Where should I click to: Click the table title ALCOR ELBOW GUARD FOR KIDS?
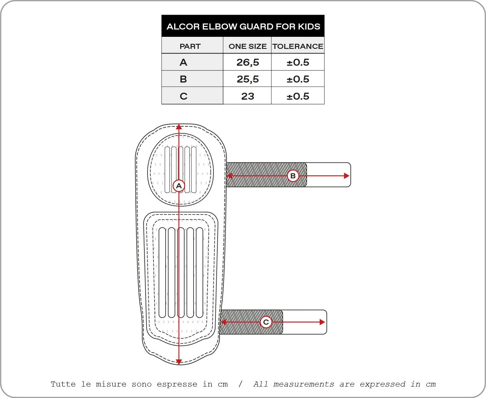pyautogui.click(x=243, y=27)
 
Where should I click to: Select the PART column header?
pyautogui.click(x=190, y=46)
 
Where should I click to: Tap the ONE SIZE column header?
pyautogui.click(x=247, y=46)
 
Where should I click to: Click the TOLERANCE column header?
pyautogui.click(x=298, y=46)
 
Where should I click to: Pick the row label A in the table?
pyautogui.click(x=183, y=62)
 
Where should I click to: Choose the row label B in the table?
pyautogui.click(x=183, y=79)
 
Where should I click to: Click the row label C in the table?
pyautogui.click(x=184, y=96)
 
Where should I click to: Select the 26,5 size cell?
pyautogui.click(x=248, y=63)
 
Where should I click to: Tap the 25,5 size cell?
pyautogui.click(x=248, y=79)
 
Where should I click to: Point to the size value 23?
pyautogui.click(x=248, y=96)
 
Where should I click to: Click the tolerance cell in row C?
pyautogui.click(x=298, y=96)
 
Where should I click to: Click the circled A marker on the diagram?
pyautogui.click(x=179, y=186)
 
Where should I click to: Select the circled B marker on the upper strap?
pyautogui.click(x=293, y=176)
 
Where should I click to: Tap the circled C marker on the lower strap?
pyautogui.click(x=266, y=322)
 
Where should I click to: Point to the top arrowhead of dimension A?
pyautogui.click(x=179, y=127)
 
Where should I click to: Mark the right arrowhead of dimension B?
pyautogui.click(x=347, y=176)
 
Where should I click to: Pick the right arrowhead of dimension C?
pyautogui.click(x=322, y=322)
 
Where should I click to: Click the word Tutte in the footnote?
pyautogui.click(x=63, y=384)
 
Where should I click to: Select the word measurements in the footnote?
pyautogui.click(x=304, y=384)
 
